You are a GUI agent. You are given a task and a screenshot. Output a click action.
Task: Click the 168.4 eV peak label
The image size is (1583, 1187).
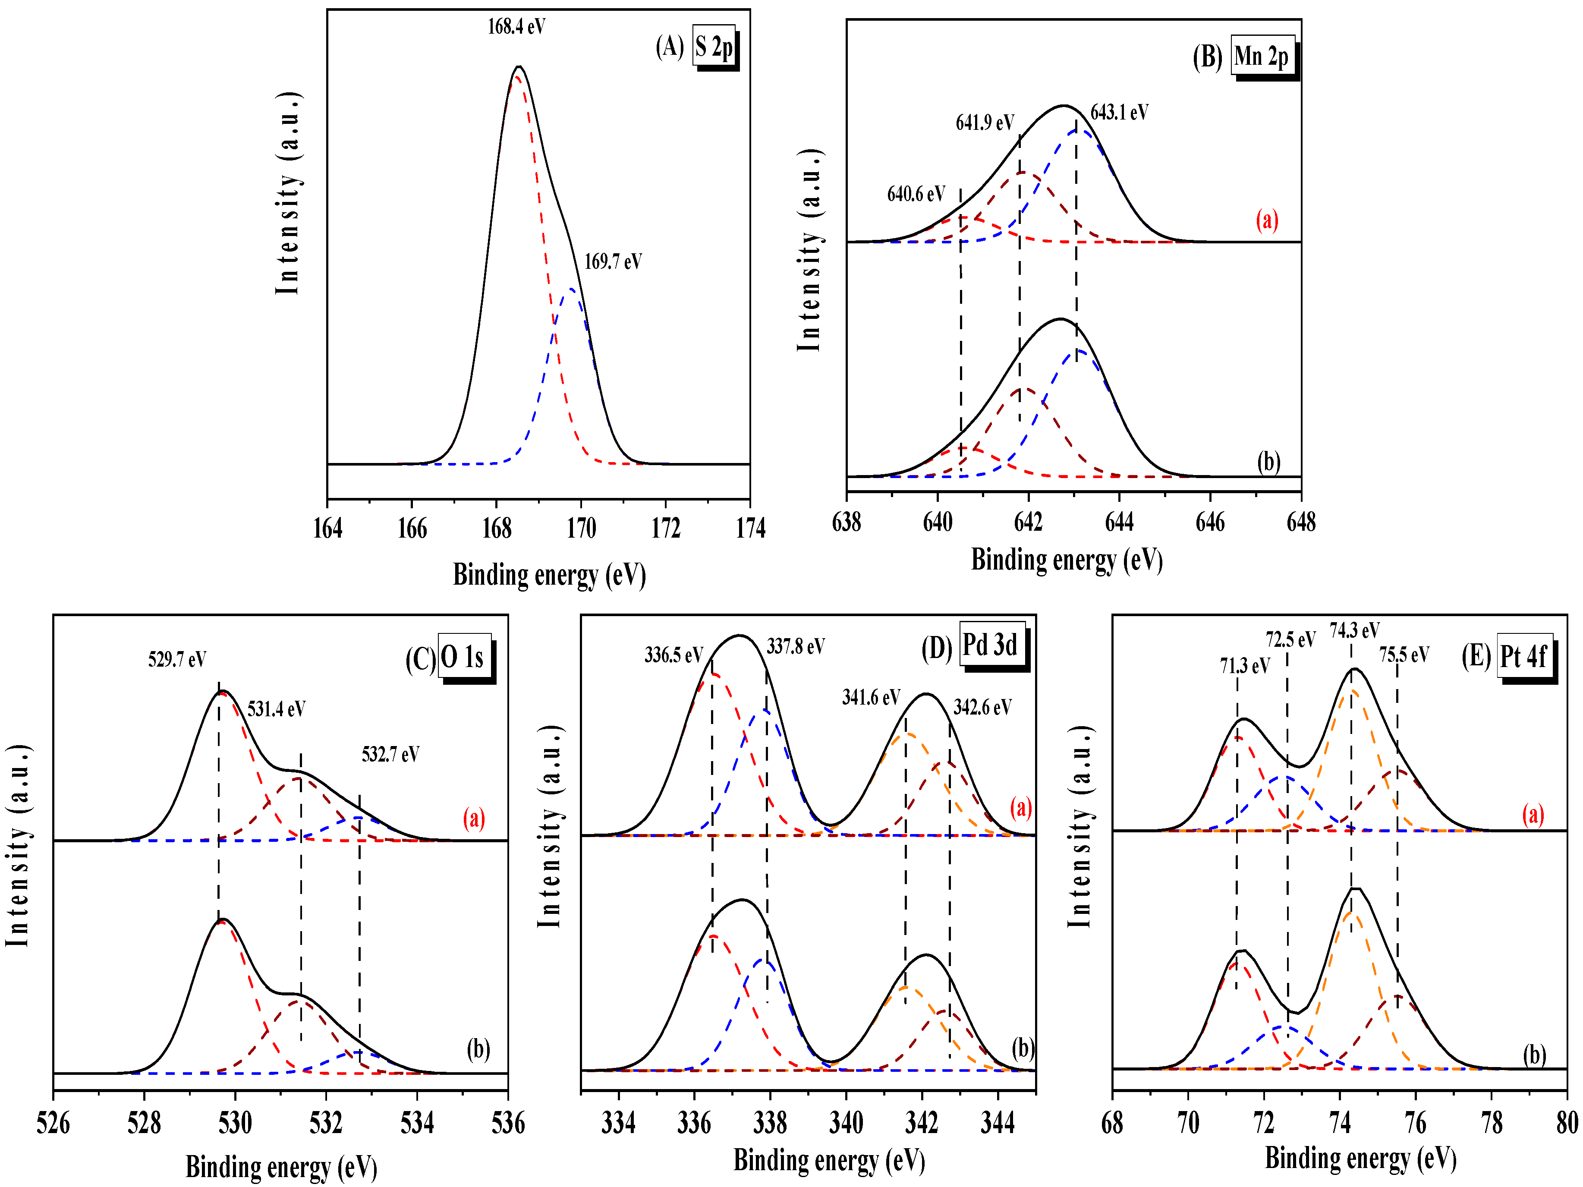point(516,27)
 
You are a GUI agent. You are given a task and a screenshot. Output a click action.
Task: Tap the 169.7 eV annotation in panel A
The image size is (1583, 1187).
point(613,262)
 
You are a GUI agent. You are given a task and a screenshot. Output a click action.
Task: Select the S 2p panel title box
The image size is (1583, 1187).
point(714,47)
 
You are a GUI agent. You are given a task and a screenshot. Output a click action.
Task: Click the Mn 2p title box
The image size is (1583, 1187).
point(1262,56)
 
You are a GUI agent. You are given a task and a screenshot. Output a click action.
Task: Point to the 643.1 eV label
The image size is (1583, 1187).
point(1119,112)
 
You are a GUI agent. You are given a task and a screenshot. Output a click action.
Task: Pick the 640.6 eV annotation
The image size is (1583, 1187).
point(916,194)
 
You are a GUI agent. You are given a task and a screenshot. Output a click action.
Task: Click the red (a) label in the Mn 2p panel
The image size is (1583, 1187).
point(1267,220)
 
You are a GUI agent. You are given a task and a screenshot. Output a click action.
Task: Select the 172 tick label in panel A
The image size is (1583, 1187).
point(666,529)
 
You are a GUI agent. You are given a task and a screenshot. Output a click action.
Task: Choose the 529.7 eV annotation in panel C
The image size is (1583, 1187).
point(177,659)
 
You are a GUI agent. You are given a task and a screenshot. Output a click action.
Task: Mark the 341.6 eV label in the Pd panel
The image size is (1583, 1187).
point(870,698)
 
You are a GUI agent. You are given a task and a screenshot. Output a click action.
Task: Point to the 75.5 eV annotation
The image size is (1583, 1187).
point(1404,655)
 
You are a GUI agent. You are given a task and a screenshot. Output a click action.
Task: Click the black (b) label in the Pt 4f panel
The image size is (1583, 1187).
point(1534,1055)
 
